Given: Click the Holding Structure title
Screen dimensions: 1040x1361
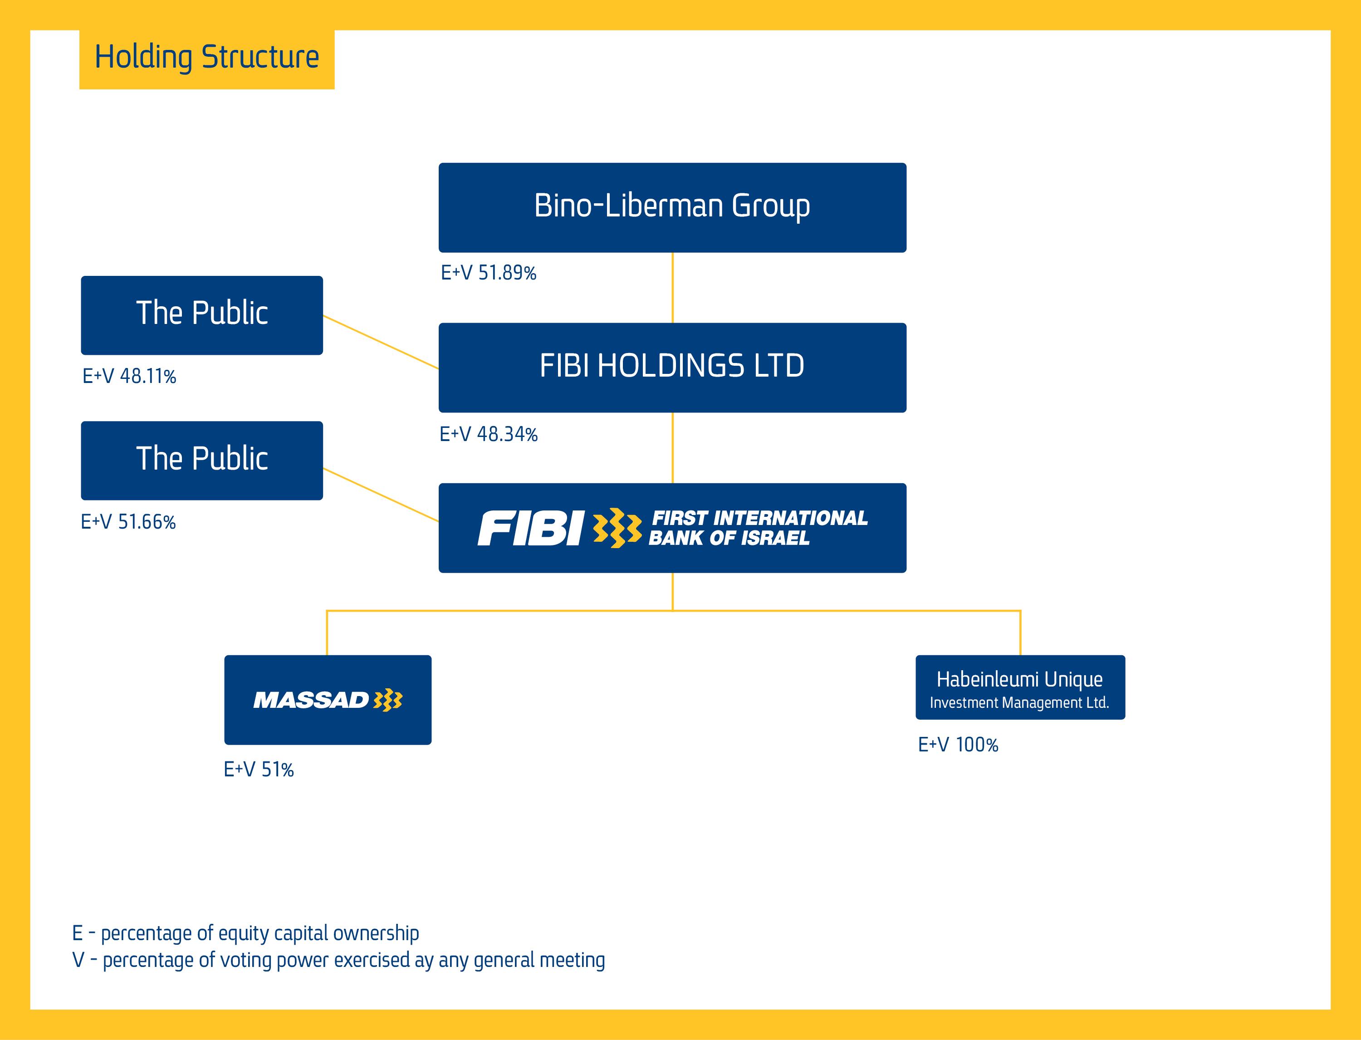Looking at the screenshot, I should pyautogui.click(x=207, y=58).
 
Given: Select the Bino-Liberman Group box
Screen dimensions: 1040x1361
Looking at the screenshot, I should pyautogui.click(x=672, y=207).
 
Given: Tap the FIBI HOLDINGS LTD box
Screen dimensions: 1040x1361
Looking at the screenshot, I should pyautogui.click(x=672, y=367).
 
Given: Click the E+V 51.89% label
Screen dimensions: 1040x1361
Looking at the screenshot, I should pyautogui.click(x=488, y=273).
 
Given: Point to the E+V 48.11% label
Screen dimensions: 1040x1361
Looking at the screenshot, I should pyautogui.click(x=129, y=376).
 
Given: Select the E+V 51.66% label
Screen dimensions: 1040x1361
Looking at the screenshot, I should pyautogui.click(x=128, y=522).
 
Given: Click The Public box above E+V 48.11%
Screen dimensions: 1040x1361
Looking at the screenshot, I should pyautogui.click(x=202, y=315).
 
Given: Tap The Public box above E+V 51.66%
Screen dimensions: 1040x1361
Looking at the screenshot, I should pyautogui.click(x=202, y=461).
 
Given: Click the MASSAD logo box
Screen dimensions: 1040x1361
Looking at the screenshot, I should pyautogui.click(x=328, y=700).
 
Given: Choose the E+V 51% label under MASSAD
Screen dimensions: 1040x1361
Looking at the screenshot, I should pyautogui.click(x=258, y=770).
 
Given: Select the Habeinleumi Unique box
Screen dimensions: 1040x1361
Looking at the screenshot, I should pyautogui.click(x=1020, y=687).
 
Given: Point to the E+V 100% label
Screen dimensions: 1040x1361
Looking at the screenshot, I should pyautogui.click(x=958, y=745).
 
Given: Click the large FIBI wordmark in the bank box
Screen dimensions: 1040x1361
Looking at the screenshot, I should pyautogui.click(x=530, y=528).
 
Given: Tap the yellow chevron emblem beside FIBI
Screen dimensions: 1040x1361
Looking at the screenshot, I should pyautogui.click(x=617, y=528).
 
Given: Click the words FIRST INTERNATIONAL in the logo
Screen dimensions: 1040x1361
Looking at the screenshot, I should pyautogui.click(x=760, y=518).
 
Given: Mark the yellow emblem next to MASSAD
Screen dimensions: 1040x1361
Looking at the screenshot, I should pyautogui.click(x=388, y=700).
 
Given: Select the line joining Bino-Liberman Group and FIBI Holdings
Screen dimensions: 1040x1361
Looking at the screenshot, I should pyautogui.click(x=673, y=287).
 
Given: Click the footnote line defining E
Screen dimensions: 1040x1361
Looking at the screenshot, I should pyautogui.click(x=246, y=933).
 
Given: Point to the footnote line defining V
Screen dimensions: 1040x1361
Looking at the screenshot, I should pyautogui.click(x=338, y=960).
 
